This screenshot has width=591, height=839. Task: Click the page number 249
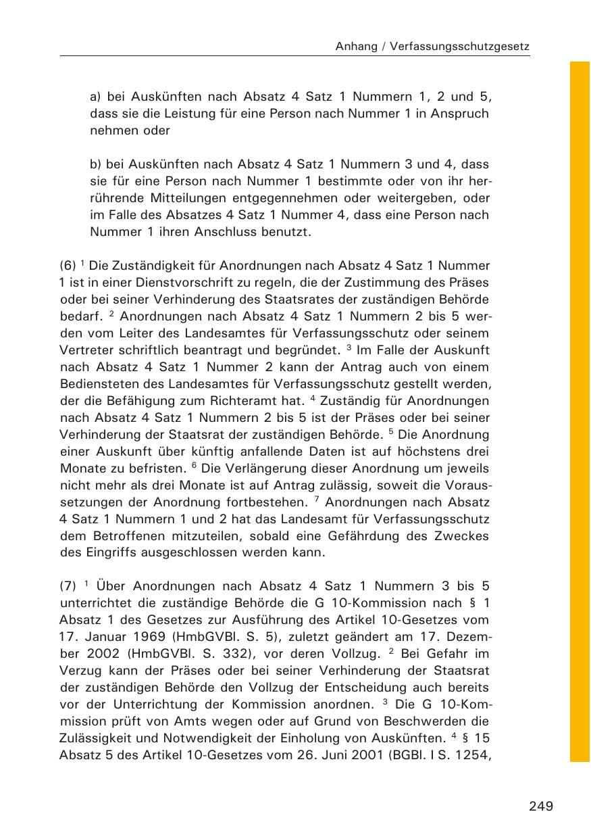(x=541, y=806)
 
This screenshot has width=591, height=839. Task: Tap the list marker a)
(x=95, y=97)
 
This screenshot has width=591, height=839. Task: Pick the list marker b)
(x=95, y=164)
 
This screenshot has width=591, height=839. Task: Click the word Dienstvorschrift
(x=166, y=283)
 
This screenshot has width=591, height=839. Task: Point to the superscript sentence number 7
(x=317, y=500)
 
